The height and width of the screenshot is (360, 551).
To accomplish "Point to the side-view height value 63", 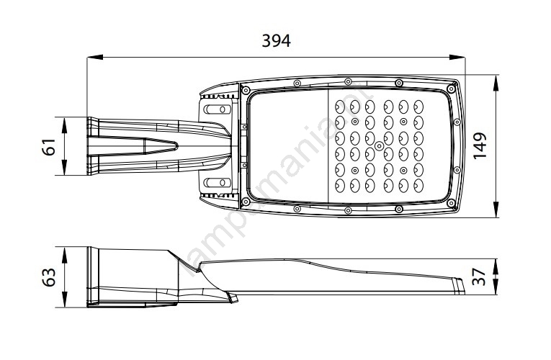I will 49,277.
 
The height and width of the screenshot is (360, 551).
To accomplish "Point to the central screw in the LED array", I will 379,147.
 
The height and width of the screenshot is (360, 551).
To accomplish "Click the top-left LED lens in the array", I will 340,106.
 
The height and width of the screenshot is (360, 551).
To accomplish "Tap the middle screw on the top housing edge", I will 348,80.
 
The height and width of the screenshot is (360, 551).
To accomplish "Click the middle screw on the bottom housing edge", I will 348,211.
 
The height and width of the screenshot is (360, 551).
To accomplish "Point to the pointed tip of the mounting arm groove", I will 176,145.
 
